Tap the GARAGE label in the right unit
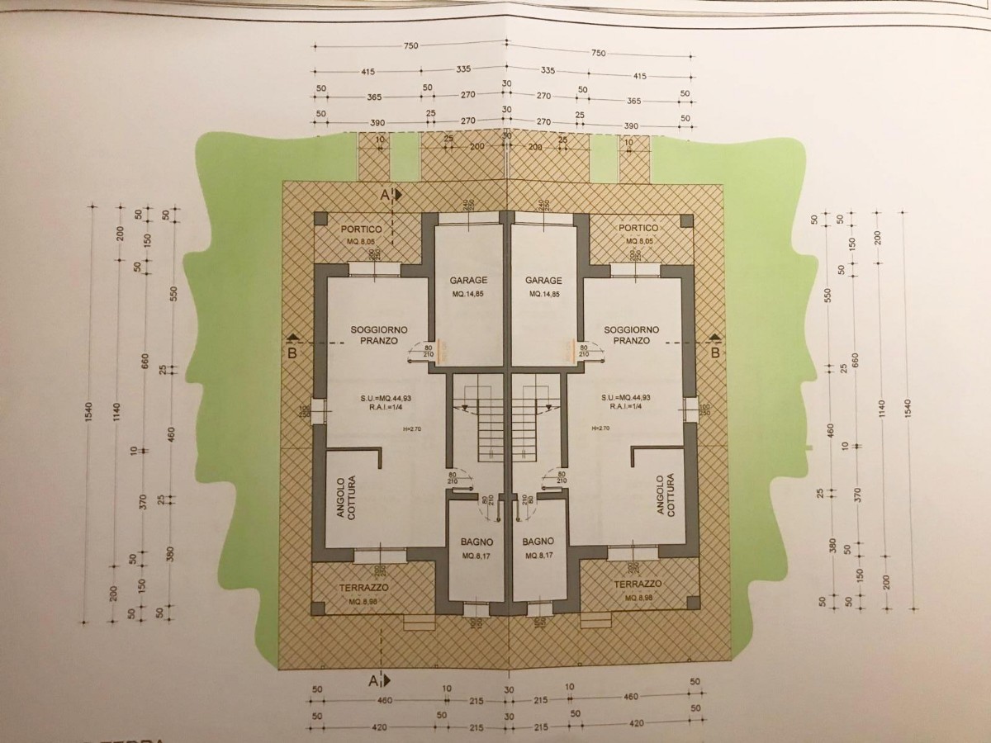[544, 280]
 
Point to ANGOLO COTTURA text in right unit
[666, 495]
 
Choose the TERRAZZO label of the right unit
[639, 583]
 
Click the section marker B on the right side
[715, 353]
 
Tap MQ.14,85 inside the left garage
[468, 295]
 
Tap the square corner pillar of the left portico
[320, 220]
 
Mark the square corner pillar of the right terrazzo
[685, 608]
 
